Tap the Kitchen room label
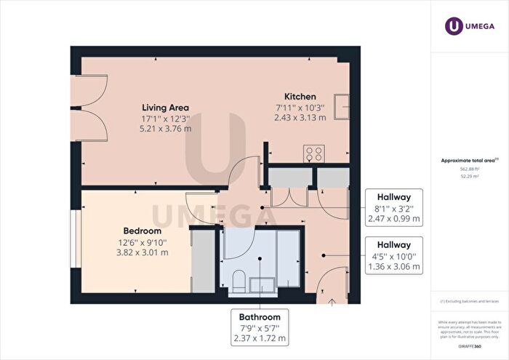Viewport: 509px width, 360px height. coord(300,96)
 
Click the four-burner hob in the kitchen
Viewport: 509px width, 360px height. coord(314,153)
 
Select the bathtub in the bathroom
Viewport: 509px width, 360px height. coord(287,258)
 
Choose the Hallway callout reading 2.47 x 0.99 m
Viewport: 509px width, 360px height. coord(393,207)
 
